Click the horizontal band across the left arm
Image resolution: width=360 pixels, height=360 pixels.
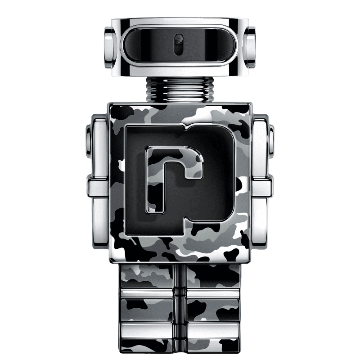(99, 186)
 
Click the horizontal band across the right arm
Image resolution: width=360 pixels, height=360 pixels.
(261, 186)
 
